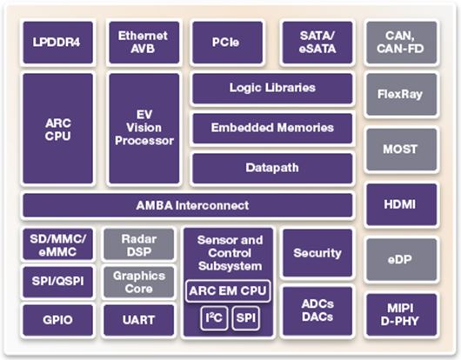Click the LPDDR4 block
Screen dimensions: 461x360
click(58, 43)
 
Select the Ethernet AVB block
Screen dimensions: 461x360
click(144, 43)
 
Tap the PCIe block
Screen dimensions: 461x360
click(227, 43)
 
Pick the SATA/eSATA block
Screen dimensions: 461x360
click(317, 43)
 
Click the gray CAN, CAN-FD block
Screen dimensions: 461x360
click(401, 43)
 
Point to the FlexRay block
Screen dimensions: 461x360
click(401, 94)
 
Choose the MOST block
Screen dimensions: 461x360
click(401, 150)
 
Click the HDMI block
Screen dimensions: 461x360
click(401, 204)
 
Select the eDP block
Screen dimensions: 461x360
click(401, 259)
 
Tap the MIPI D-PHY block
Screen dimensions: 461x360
click(401, 315)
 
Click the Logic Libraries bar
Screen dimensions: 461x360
click(272, 89)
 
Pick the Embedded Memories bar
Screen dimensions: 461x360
click(272, 129)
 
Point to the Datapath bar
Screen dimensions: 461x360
click(272, 169)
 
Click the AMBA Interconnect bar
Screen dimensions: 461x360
click(188, 205)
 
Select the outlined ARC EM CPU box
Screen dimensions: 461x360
click(228, 291)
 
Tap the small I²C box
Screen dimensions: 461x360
click(214, 318)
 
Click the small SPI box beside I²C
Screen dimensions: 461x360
click(246, 318)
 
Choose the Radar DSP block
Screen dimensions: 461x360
click(139, 244)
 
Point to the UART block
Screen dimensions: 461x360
click(139, 320)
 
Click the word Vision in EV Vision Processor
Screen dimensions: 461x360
click(144, 128)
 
